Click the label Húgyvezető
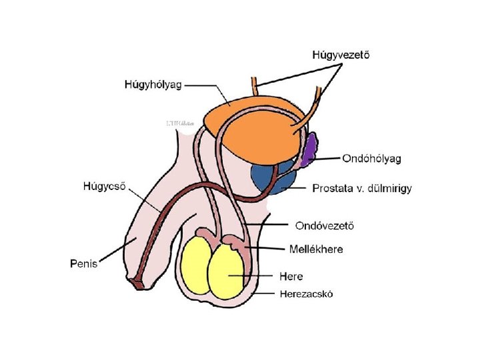341,55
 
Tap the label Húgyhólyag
153,85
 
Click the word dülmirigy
391,189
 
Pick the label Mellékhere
317,249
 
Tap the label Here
291,276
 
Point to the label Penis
83,263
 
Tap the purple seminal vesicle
310,150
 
